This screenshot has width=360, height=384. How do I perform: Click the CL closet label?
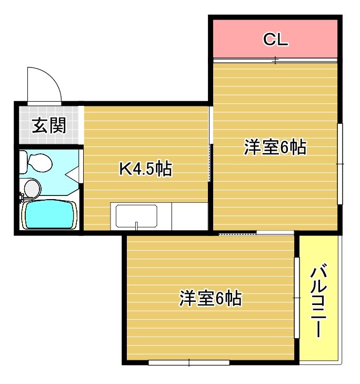(275, 40)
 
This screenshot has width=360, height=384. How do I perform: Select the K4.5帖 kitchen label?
(146, 169)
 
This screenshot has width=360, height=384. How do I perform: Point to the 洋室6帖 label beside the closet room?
(275, 147)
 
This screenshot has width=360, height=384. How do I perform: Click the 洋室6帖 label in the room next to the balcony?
(210, 298)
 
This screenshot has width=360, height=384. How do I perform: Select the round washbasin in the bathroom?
(32, 187)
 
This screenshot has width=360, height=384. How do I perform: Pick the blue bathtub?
(48, 214)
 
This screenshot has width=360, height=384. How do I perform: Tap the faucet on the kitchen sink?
(137, 227)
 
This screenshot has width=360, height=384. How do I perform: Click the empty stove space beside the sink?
(190, 216)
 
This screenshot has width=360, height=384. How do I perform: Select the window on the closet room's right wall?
(340, 163)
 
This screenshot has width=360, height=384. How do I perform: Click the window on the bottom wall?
(188, 362)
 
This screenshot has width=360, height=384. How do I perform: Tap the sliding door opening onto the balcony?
(297, 298)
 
